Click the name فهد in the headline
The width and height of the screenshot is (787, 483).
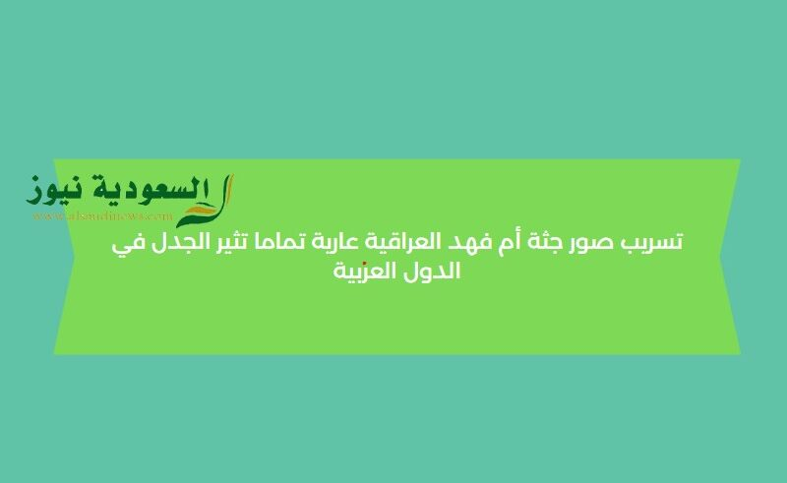pos(479,241)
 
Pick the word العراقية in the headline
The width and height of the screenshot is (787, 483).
pos(414,242)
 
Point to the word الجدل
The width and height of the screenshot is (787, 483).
pos(171,241)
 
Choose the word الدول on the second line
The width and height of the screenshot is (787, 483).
pos(434,271)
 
